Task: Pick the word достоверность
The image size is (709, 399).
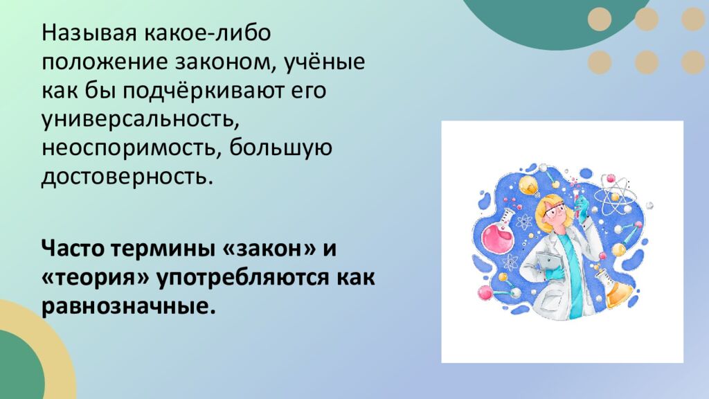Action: pos(124,177)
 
